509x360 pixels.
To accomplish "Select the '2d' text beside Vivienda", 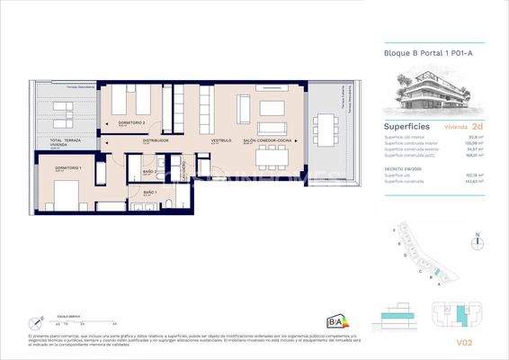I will point(477,128).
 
